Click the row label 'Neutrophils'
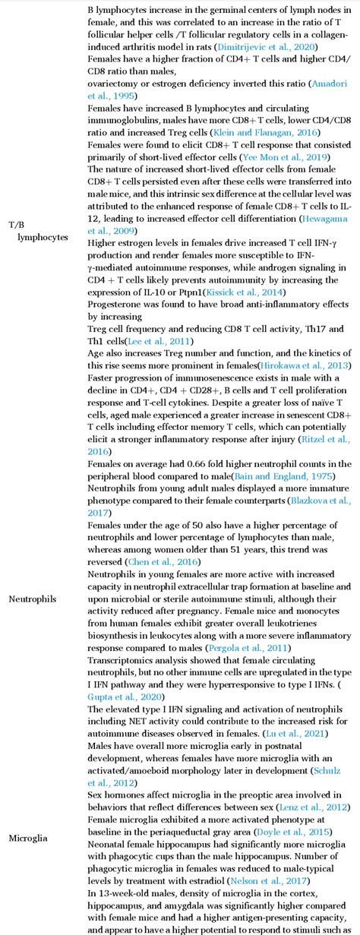click(x=32, y=620)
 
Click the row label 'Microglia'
click(x=28, y=838)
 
